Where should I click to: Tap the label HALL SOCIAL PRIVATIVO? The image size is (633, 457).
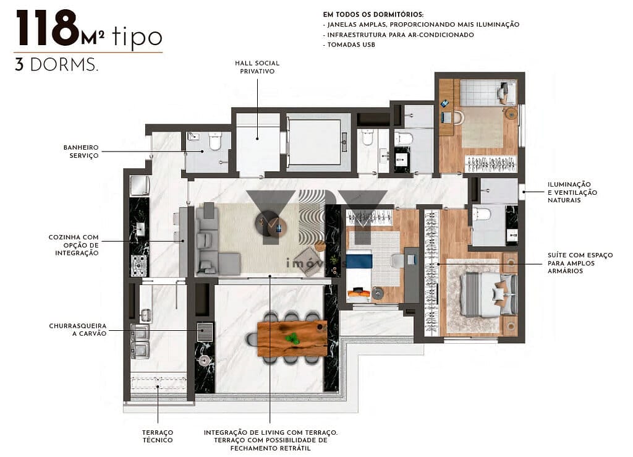tap(257, 67)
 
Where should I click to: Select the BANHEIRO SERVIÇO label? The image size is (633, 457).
tap(80, 152)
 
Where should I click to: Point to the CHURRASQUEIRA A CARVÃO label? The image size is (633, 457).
tap(78, 329)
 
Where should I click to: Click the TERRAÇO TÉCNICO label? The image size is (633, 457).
tap(158, 436)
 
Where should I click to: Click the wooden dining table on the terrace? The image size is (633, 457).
tap(292, 339)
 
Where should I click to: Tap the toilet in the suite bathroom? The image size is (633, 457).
tap(482, 215)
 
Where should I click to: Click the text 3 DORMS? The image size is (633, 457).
tap(56, 66)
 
